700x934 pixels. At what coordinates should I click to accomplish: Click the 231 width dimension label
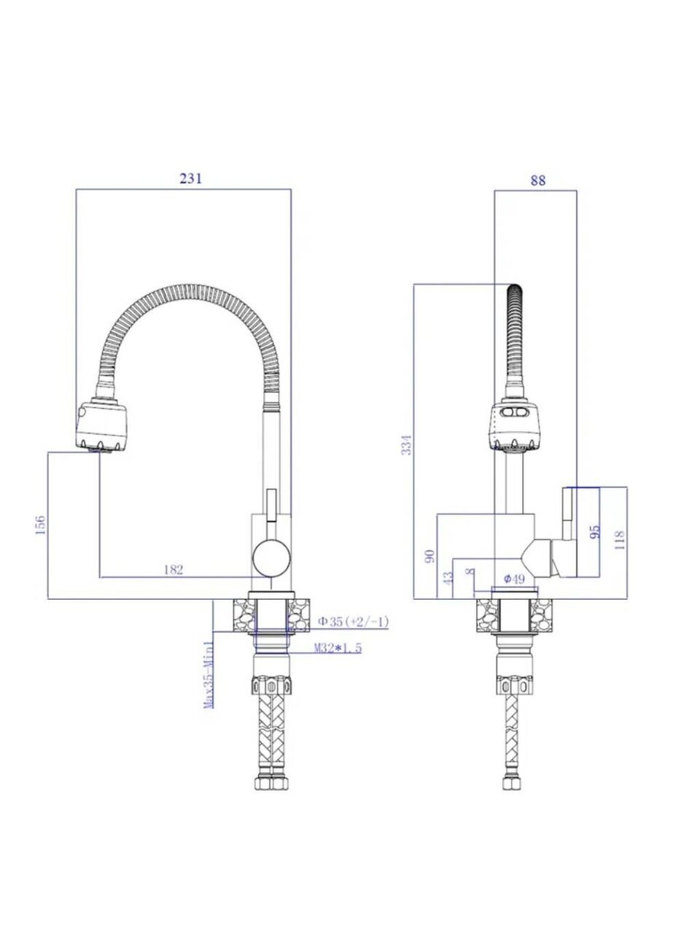[190, 178]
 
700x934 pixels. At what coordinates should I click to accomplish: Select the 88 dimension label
[537, 180]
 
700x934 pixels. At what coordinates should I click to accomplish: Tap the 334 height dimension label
[407, 444]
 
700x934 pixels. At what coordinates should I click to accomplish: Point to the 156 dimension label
[40, 525]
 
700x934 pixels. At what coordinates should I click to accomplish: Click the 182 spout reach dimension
[174, 569]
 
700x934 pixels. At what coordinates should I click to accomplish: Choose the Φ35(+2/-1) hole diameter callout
[354, 622]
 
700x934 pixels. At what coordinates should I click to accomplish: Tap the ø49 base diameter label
[514, 579]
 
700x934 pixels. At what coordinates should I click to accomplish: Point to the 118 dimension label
[620, 540]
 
